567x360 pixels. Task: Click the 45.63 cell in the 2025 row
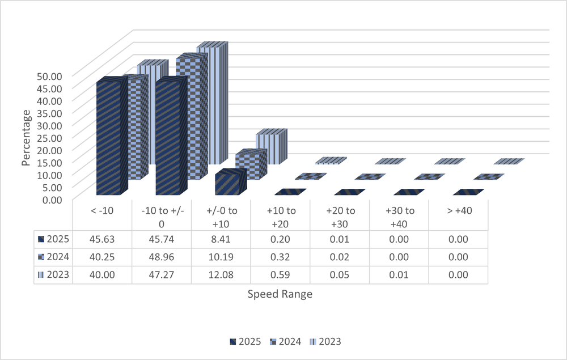[x=101, y=239]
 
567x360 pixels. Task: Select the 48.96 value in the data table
[x=161, y=257]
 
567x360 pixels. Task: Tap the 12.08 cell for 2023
[x=221, y=275]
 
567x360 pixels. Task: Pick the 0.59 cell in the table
[x=280, y=275]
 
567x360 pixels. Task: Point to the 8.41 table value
[x=221, y=239]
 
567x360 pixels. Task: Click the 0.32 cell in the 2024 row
[x=280, y=257]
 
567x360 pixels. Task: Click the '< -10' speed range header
[x=101, y=211]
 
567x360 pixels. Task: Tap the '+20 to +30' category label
[x=340, y=215]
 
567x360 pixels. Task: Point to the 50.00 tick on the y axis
[x=55, y=75]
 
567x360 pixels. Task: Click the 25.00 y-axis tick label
[x=55, y=137]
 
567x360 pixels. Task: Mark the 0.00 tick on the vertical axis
[x=57, y=199]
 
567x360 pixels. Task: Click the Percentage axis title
[x=26, y=138]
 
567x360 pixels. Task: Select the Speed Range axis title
[x=280, y=295]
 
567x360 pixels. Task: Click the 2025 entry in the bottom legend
[x=246, y=341]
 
